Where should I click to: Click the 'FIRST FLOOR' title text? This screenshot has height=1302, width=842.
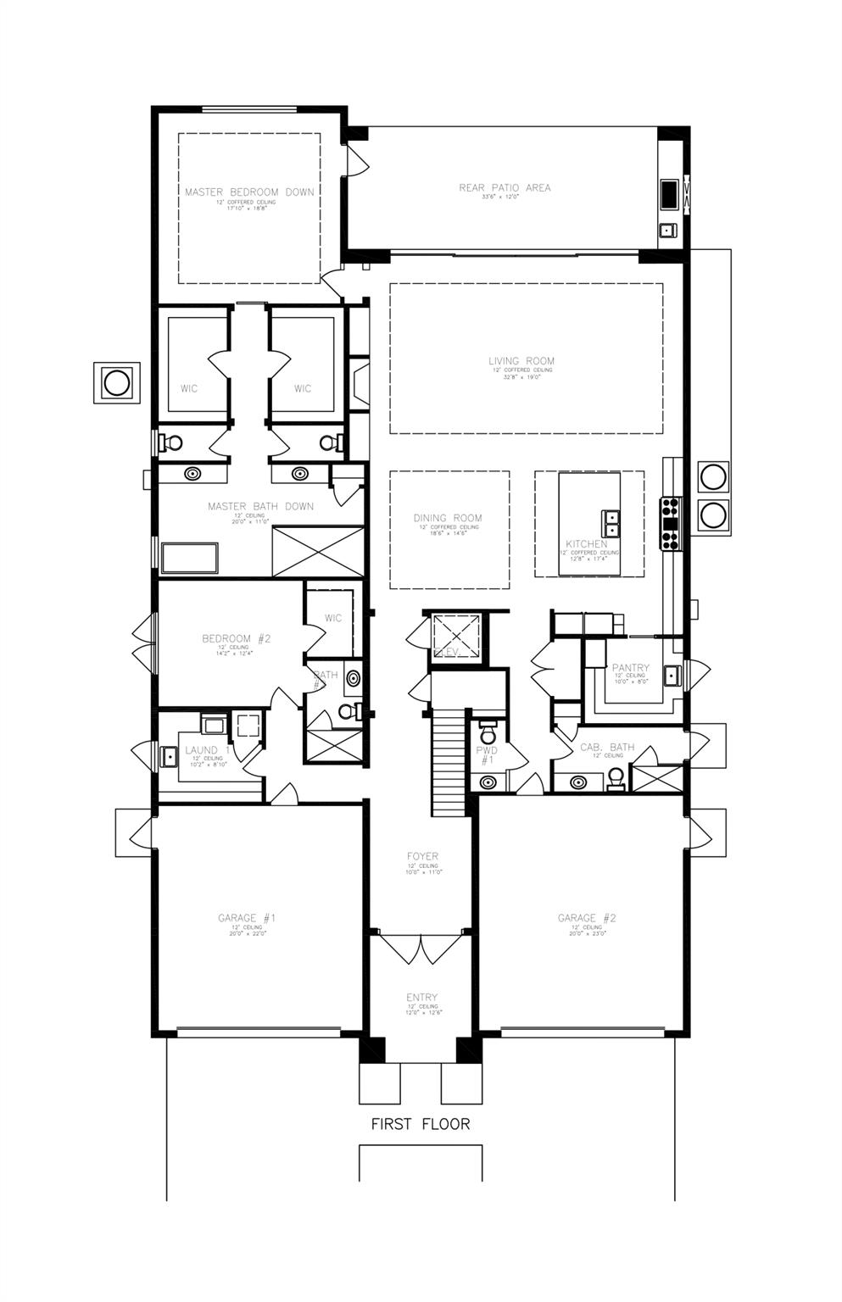pos(421,1124)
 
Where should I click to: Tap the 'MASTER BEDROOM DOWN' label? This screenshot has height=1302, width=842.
pos(249,192)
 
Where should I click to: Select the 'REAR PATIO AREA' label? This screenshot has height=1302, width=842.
pos(505,187)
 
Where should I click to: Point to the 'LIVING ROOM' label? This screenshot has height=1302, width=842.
pos(521,361)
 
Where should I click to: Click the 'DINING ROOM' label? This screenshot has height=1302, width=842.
pos(448,518)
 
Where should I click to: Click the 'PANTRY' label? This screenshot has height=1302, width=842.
pos(631,668)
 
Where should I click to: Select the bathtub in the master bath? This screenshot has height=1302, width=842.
pos(189,559)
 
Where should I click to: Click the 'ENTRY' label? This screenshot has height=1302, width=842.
pos(421,998)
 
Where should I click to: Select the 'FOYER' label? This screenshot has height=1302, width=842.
pos(422,857)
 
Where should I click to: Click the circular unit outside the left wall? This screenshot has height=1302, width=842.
pos(115,382)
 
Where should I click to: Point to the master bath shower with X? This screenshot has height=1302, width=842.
pos(317,552)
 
